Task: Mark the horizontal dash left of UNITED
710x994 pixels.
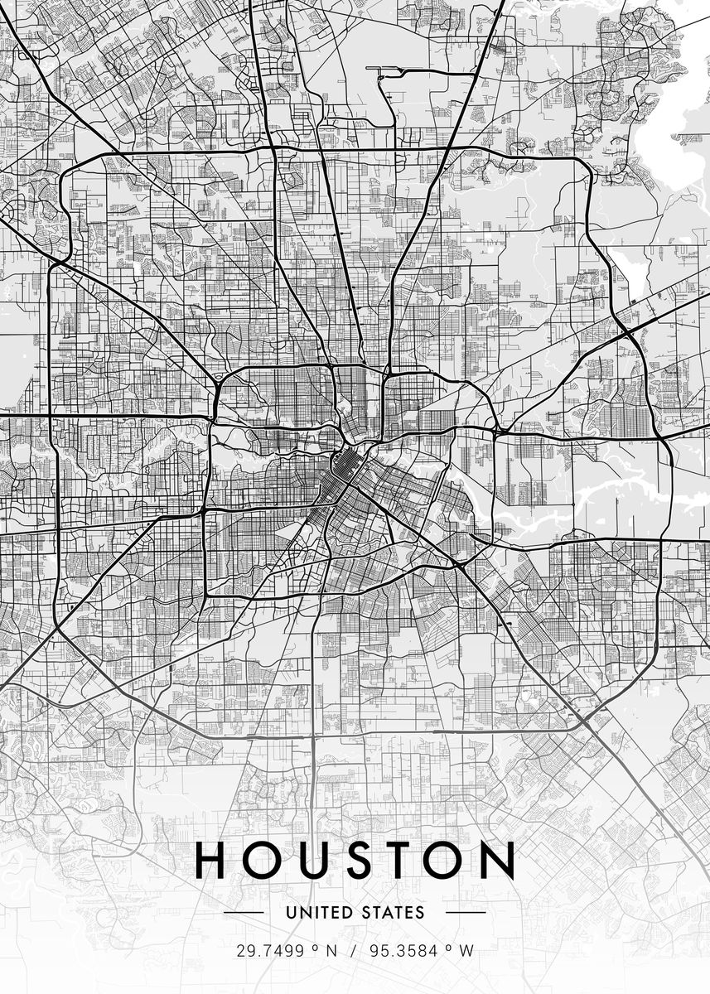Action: pyautogui.click(x=244, y=913)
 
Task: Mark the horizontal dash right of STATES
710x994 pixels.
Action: pyautogui.click(x=466, y=913)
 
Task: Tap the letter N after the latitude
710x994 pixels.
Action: pyautogui.click(x=331, y=951)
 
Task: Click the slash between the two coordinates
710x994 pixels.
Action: pyautogui.click(x=352, y=951)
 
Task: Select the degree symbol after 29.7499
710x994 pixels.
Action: pyautogui.click(x=315, y=948)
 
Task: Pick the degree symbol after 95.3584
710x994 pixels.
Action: pyautogui.click(x=447, y=948)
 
